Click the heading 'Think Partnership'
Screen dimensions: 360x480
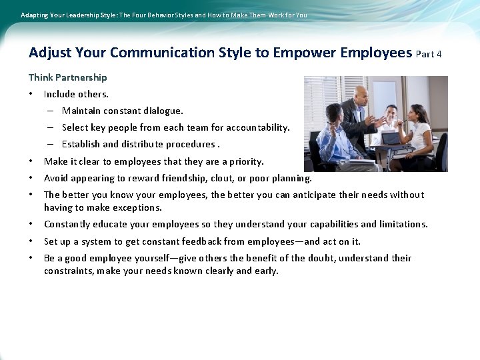click(x=67, y=77)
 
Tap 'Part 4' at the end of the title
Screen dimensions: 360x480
click(x=429, y=54)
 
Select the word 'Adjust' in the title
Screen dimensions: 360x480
click(x=50, y=53)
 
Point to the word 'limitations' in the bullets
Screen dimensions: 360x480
click(x=401, y=224)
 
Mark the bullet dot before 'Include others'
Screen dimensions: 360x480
click(x=31, y=95)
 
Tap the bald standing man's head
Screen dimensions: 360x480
click(x=361, y=93)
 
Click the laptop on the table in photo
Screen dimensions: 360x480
click(x=389, y=139)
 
